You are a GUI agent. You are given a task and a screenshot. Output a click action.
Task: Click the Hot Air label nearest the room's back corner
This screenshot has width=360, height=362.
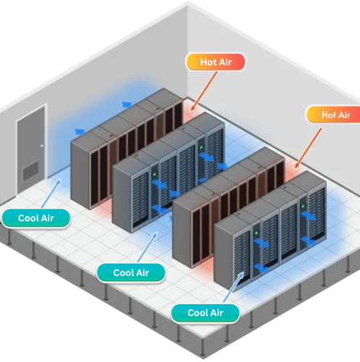(x=216, y=62)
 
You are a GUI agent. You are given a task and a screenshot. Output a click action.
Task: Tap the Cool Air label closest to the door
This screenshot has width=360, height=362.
(x=35, y=217)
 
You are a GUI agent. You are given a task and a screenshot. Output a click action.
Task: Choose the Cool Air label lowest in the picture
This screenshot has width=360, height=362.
(x=206, y=313)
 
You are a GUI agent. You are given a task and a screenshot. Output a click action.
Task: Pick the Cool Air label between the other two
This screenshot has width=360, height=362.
(x=131, y=272)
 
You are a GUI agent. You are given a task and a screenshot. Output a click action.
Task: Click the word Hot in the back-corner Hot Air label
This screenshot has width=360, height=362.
(x=209, y=62)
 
